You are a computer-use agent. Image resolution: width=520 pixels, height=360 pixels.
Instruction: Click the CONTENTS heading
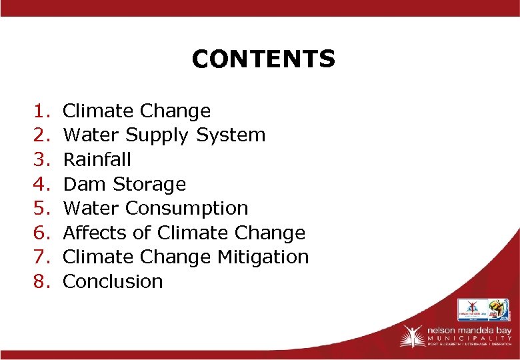[x=263, y=59]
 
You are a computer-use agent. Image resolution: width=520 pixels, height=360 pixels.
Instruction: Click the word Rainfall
[x=97, y=159]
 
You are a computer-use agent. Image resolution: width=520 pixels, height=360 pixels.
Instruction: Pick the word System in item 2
[x=231, y=135]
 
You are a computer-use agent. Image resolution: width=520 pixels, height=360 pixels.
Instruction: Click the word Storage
[x=149, y=184]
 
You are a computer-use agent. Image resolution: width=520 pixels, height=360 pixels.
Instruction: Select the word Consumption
[x=187, y=209]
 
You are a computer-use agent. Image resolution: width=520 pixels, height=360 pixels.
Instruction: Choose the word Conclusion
[x=113, y=281]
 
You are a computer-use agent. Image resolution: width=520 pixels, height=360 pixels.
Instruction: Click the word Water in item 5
[x=91, y=208]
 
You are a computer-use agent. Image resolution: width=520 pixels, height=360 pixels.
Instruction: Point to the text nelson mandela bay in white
[x=466, y=329]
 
